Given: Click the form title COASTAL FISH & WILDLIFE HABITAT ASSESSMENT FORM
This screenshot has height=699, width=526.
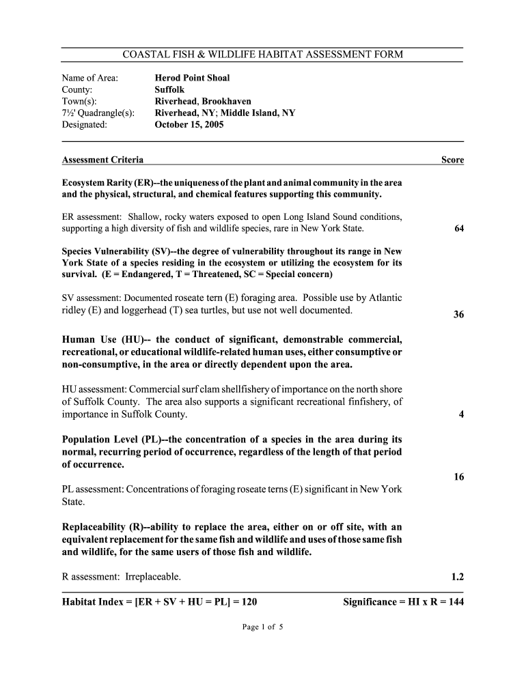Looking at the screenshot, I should tap(262, 54).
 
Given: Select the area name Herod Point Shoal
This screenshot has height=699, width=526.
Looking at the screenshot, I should tap(192, 78).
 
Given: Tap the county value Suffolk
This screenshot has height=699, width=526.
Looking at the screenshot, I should tap(169, 89).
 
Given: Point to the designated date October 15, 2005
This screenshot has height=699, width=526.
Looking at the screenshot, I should tap(189, 125).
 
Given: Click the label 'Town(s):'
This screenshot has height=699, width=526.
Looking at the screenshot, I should tap(80, 101).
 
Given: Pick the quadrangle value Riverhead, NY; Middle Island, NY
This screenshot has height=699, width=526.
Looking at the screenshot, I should tap(225, 113).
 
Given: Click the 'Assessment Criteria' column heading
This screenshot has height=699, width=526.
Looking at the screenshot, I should tap(102, 160).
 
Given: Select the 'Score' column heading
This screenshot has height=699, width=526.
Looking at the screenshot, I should tap(452, 160).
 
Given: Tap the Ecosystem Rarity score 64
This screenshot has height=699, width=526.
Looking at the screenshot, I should tap(459, 229).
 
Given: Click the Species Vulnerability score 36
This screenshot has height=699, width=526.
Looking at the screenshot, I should tap(459, 315).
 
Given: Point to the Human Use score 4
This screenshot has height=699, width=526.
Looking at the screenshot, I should tap(462, 414).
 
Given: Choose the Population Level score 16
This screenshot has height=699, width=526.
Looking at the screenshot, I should tap(459, 477).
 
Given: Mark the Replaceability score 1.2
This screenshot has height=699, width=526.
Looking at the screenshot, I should tap(458, 577).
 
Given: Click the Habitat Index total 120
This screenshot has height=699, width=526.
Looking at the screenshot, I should tap(249, 601).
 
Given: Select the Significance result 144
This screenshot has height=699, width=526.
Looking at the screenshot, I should tap(454, 601).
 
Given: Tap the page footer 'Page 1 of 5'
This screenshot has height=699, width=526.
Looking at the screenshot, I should tap(262, 627).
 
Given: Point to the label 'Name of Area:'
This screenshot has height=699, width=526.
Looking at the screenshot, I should tap(90, 78).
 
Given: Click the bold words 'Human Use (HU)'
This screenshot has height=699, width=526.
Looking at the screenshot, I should tap(103, 340).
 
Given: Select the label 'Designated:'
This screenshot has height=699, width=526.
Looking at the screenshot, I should tap(85, 125).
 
